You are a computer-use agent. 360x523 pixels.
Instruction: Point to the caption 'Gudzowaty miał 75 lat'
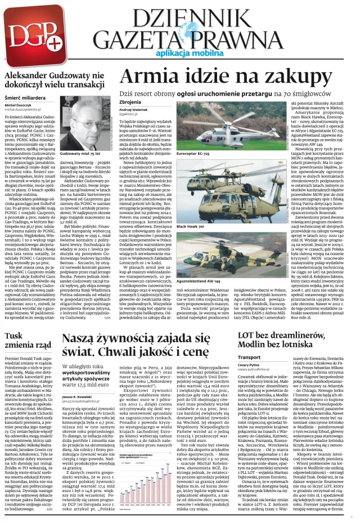click(79, 153)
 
